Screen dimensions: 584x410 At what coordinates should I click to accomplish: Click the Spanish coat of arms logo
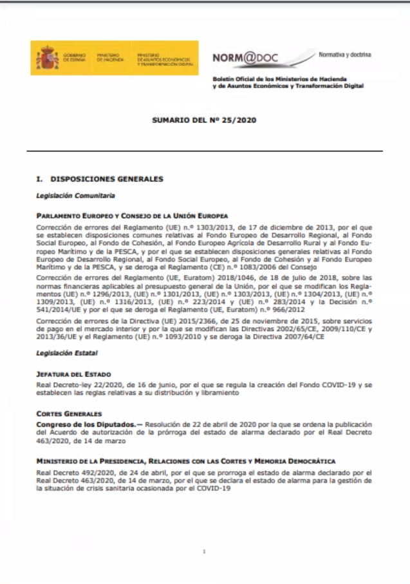click(47, 58)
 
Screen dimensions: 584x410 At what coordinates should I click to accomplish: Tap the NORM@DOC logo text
click(245, 58)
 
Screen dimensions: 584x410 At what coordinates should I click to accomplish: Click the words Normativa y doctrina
click(344, 55)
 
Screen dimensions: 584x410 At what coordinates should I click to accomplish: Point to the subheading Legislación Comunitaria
click(67, 194)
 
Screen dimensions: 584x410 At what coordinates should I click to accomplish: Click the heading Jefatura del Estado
click(74, 373)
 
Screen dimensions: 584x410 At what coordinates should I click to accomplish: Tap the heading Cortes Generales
click(69, 413)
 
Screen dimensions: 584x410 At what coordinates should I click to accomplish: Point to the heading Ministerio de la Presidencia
click(185, 462)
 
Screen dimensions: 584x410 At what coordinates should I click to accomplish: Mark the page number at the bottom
click(204, 551)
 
